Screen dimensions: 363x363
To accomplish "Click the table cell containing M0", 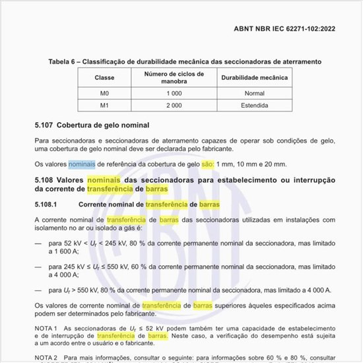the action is (104, 94).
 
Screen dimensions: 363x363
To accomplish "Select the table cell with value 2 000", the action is (175, 105).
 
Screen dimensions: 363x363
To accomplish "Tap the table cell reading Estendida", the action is (254, 105).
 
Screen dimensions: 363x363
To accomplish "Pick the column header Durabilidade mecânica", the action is (254, 78).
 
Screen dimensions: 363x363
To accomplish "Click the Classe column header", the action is (104, 78).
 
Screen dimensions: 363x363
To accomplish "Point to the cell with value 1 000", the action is (175, 94).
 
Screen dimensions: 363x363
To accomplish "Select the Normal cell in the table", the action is (254, 94).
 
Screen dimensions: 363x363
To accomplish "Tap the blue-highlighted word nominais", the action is (82, 164).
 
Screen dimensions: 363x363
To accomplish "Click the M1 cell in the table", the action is (104, 105).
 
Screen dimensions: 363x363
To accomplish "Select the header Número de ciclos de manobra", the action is (175, 78).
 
